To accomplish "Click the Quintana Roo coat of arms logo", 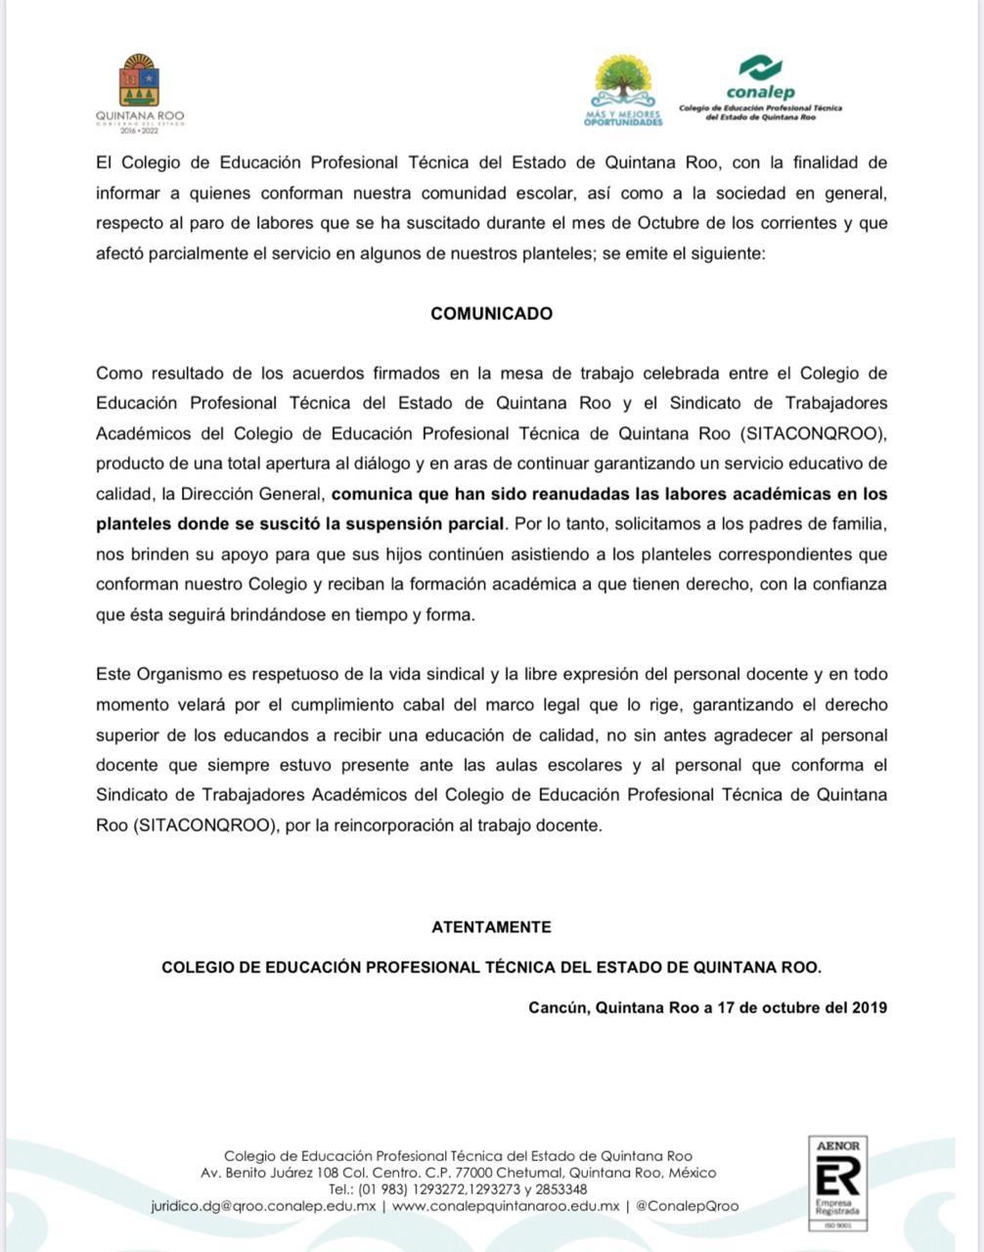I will pyautogui.click(x=139, y=82).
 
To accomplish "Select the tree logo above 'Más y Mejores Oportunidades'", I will pyautogui.click(x=623, y=81).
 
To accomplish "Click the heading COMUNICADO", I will pyautogui.click(x=492, y=314).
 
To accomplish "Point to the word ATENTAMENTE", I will pyautogui.click(x=492, y=927).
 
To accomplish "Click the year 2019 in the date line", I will pyautogui.click(x=869, y=1007).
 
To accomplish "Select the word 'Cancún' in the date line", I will pyautogui.click(x=558, y=1007).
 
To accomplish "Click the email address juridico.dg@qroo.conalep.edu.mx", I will pyautogui.click(x=263, y=1207).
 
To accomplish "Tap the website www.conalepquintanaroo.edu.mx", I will pyautogui.click(x=505, y=1207).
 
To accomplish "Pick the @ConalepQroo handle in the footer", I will pyautogui.click(x=687, y=1207).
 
